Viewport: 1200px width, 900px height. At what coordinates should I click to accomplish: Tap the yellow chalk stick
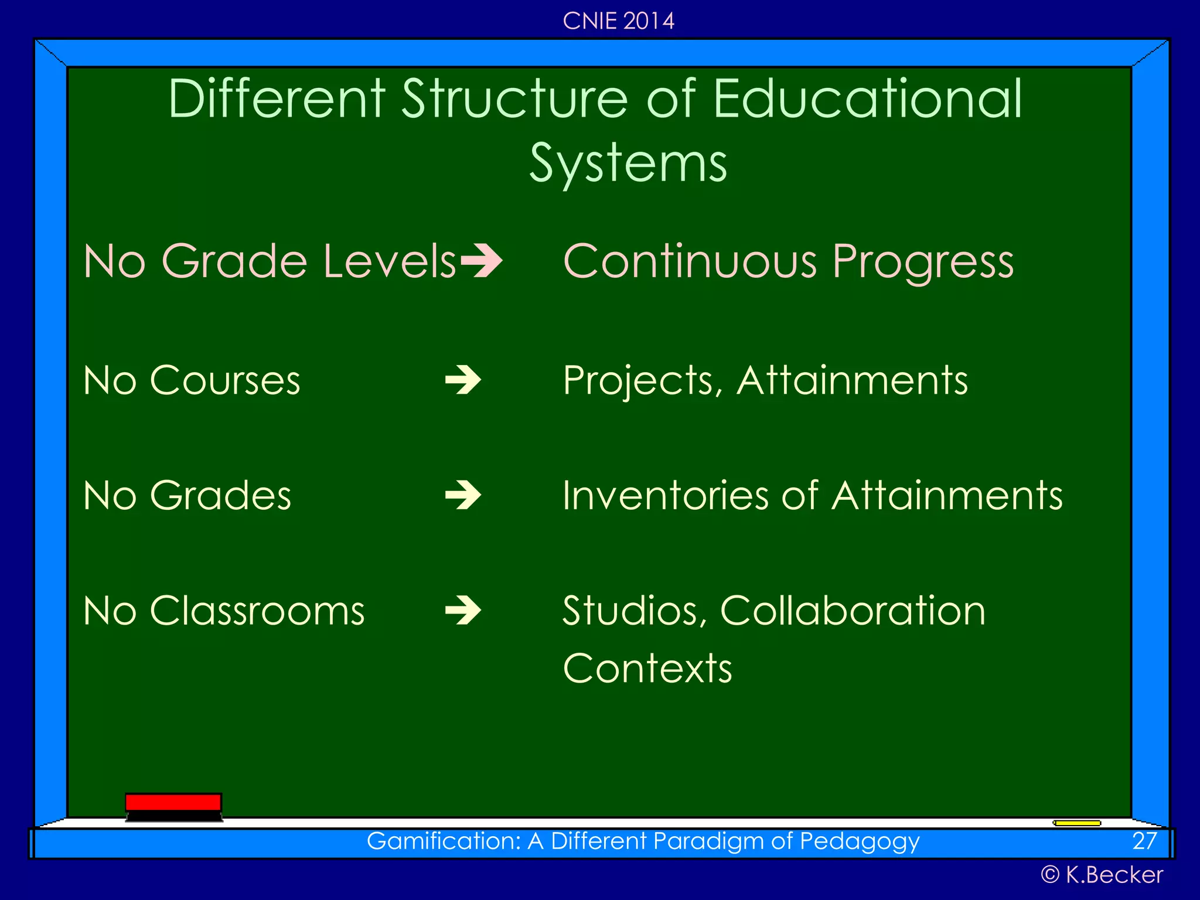[1077, 823]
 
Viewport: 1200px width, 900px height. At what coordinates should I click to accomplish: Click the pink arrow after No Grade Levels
[482, 261]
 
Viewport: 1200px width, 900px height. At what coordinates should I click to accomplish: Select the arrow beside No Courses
[463, 381]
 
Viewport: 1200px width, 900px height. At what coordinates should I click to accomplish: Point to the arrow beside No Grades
[463, 496]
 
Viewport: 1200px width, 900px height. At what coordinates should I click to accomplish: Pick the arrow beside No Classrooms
[463, 611]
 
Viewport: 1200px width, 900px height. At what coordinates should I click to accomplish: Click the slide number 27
[1144, 841]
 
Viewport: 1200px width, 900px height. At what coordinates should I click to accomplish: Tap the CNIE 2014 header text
[618, 21]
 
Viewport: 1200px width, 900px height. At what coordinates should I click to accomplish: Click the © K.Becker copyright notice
[1102, 875]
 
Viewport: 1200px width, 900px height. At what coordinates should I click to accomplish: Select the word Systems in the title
[628, 163]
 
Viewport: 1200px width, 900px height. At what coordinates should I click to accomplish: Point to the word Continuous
[690, 261]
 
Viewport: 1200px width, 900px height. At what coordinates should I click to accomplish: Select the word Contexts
[647, 669]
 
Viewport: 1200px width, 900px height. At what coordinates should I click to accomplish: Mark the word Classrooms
[257, 611]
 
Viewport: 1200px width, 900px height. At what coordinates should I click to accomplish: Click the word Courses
[225, 381]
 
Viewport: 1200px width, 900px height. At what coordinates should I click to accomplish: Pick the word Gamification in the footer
[444, 841]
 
